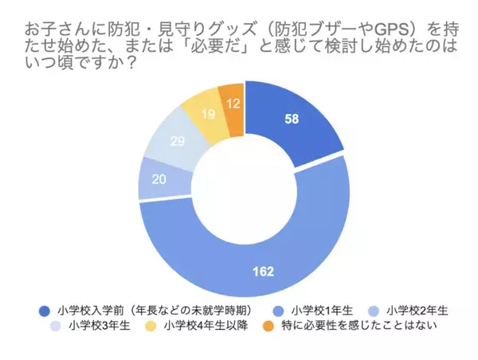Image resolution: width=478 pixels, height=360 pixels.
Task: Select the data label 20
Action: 159,179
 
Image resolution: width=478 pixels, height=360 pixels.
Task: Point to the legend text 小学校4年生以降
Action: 203,325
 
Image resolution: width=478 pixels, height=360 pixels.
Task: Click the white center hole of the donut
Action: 244,190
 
